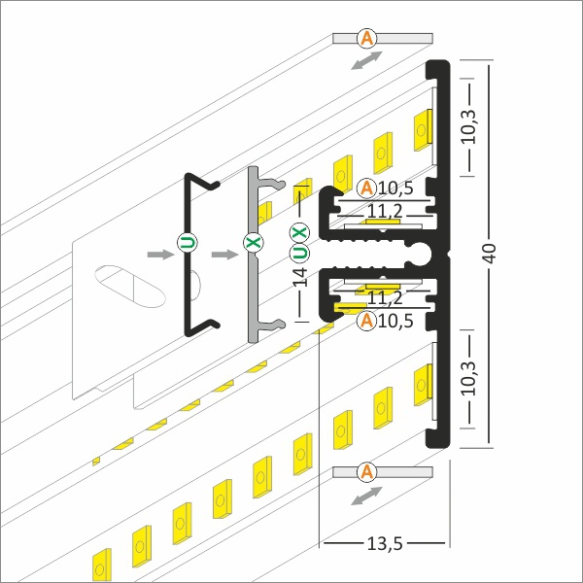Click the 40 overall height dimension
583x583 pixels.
click(491, 254)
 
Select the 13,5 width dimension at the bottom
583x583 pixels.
click(385, 544)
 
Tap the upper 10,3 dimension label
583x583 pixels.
click(469, 126)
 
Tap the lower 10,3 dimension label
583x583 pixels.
click(469, 378)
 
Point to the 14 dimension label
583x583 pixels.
click(299, 277)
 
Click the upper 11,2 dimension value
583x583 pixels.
click(385, 212)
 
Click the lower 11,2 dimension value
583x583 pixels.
click(385, 298)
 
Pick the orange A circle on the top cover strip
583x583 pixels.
click(367, 38)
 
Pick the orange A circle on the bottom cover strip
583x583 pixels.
click(367, 472)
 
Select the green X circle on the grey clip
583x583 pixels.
click(254, 242)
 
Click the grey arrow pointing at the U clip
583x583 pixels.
click(160, 255)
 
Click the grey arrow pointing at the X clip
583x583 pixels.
click(224, 255)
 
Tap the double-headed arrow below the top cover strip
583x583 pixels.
click(366, 60)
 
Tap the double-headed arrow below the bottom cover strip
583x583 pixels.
click(366, 496)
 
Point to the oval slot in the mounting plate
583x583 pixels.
click(130, 287)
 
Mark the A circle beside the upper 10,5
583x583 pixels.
click(367, 189)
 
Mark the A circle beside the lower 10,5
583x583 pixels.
click(367, 321)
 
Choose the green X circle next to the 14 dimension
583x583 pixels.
click(299, 233)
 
